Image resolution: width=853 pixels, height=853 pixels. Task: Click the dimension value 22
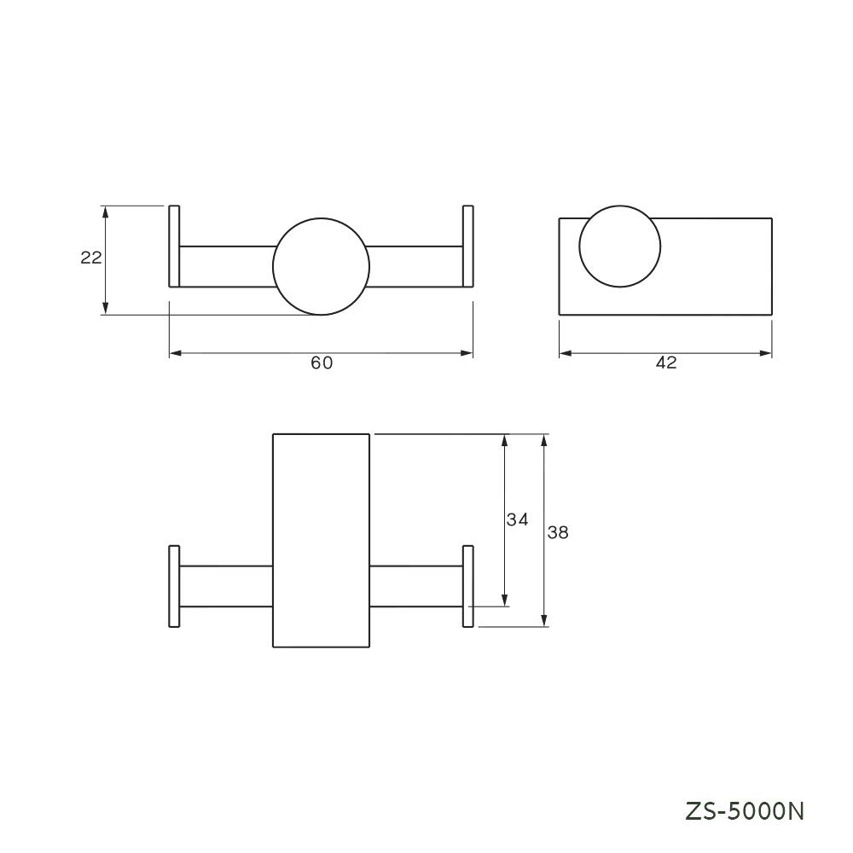click(x=91, y=258)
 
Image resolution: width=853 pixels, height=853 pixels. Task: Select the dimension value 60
click(x=322, y=363)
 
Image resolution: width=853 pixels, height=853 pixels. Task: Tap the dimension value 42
click(x=666, y=363)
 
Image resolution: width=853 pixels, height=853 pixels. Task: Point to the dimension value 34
click(x=517, y=519)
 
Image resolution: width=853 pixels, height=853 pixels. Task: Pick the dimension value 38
click(x=558, y=532)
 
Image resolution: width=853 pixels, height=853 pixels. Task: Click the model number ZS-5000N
click(x=745, y=810)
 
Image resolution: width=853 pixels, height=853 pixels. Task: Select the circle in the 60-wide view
click(x=322, y=266)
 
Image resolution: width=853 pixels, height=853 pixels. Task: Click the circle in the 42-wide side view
click(x=620, y=247)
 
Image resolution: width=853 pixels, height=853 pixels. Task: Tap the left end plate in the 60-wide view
click(x=174, y=247)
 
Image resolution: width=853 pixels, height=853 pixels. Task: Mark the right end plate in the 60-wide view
click(x=467, y=247)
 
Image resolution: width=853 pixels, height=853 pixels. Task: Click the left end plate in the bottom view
click(x=174, y=586)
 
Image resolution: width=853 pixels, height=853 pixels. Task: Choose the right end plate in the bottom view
click(x=467, y=586)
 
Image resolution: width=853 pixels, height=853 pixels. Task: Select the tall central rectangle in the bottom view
click(x=321, y=541)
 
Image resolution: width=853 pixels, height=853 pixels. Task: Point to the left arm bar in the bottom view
click(x=226, y=586)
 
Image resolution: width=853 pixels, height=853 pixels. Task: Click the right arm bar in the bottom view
click(x=416, y=586)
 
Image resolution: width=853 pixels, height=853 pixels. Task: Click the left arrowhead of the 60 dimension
click(x=175, y=352)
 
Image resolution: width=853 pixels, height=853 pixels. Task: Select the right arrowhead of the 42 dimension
click(x=767, y=352)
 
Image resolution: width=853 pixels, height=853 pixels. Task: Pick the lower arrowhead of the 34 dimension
click(x=505, y=601)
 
